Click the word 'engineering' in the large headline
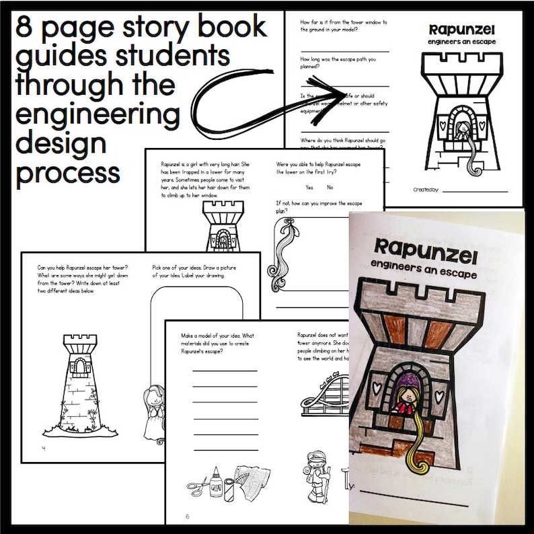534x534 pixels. [x=98, y=116]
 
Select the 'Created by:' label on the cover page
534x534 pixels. [x=426, y=190]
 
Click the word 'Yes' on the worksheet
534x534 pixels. [x=309, y=187]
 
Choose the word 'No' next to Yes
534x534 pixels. [x=330, y=187]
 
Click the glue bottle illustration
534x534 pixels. [x=217, y=482]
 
